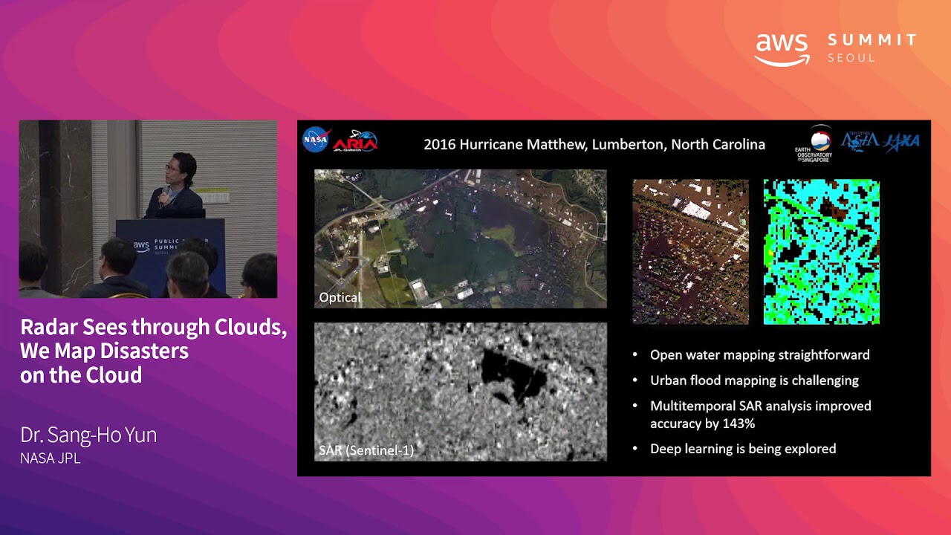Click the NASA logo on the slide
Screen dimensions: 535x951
click(x=316, y=140)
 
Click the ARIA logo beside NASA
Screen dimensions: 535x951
click(x=355, y=141)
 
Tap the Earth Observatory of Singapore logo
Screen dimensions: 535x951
click(x=814, y=143)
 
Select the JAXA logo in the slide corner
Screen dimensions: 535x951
click(x=902, y=142)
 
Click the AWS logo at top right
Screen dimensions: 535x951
click(x=782, y=49)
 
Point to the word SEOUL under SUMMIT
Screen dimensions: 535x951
click(x=851, y=58)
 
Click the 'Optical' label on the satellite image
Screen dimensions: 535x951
click(x=340, y=297)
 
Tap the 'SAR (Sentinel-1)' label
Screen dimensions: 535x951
click(x=366, y=450)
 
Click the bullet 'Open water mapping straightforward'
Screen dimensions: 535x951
click(x=759, y=354)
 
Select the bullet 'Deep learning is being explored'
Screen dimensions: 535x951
click(x=743, y=449)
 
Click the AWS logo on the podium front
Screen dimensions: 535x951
click(x=141, y=246)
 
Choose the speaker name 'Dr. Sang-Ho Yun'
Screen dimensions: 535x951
click(x=88, y=435)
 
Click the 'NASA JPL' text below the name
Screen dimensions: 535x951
click(x=51, y=458)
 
